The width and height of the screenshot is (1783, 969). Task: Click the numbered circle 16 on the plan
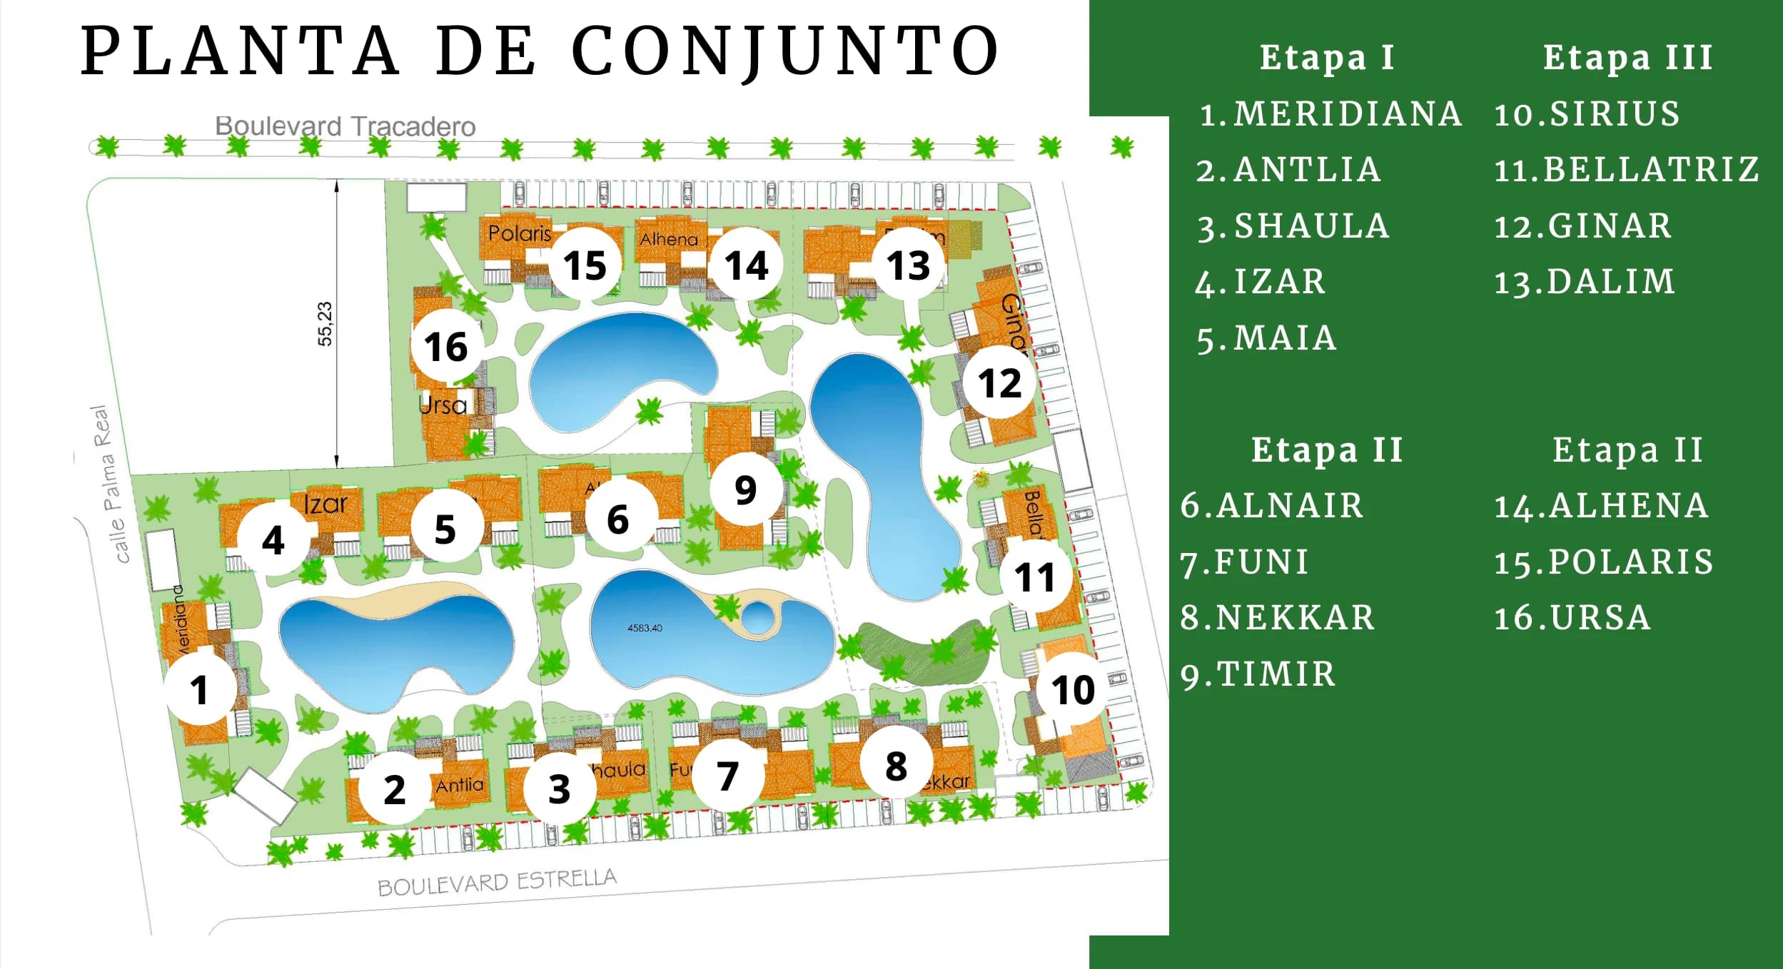(x=446, y=347)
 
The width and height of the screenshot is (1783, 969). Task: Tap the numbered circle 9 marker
(x=745, y=489)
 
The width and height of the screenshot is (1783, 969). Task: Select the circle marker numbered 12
(x=999, y=383)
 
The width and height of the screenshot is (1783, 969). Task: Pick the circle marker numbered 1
(x=199, y=690)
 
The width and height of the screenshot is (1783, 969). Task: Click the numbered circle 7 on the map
(x=727, y=776)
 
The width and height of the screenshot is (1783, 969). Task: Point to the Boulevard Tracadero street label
(x=345, y=126)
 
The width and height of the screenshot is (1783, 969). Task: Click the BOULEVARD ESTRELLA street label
(x=497, y=882)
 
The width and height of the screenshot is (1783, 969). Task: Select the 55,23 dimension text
(x=325, y=323)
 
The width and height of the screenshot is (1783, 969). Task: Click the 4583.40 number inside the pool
(x=645, y=628)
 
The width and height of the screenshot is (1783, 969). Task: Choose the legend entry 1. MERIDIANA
(x=1330, y=114)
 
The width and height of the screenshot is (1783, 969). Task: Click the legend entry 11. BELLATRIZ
(x=1627, y=170)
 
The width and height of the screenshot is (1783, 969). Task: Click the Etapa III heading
(x=1628, y=57)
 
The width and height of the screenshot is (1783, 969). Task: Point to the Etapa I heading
(x=1327, y=57)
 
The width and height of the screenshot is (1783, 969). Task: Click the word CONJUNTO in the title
(x=786, y=51)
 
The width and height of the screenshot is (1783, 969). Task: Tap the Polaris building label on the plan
(x=520, y=233)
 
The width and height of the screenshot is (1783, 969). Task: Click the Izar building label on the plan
(x=325, y=504)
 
